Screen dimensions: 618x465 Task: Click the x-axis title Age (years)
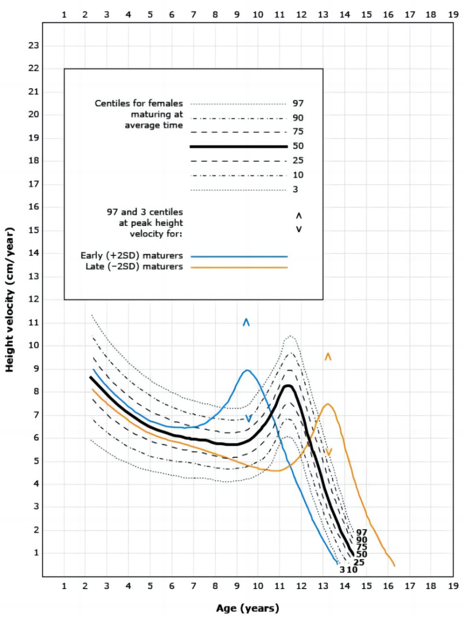coord(247,609)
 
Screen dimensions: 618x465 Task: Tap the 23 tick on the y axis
coord(33,45)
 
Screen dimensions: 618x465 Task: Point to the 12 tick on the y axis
coord(33,300)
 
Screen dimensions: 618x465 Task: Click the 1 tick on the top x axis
coord(64,15)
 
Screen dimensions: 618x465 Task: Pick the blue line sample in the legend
coord(239,256)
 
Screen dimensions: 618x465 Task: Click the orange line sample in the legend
coord(239,267)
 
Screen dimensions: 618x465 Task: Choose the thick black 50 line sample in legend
coord(239,146)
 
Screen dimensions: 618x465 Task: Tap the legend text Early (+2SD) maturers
coord(131,256)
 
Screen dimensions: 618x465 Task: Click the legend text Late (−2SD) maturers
coord(134,267)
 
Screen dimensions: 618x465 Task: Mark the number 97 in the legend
coord(298,103)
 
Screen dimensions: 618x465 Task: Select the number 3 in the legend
coord(296,189)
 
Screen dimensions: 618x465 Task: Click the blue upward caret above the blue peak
coord(246,322)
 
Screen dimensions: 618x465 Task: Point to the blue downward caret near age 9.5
coord(249,419)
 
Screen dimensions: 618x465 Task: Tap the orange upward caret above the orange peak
coord(328,356)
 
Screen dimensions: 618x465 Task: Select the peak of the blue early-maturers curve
coord(247,370)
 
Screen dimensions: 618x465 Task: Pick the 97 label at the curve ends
coord(361,532)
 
